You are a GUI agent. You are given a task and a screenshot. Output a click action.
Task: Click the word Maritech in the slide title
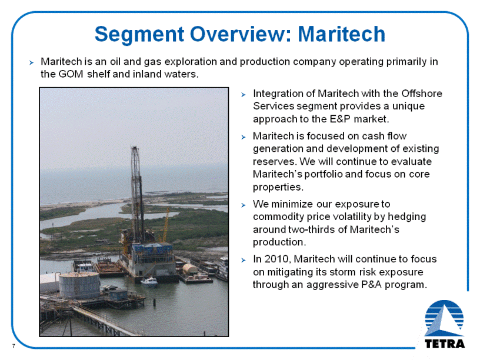(x=341, y=34)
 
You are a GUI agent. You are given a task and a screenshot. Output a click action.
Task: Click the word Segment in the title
(x=139, y=34)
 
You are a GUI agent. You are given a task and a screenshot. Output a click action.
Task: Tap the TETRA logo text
(x=445, y=344)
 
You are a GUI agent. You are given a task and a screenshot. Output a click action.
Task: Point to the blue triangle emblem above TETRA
(x=444, y=318)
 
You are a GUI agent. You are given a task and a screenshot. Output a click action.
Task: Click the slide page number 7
(x=14, y=346)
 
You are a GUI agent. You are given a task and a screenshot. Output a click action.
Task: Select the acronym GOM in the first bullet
(x=71, y=74)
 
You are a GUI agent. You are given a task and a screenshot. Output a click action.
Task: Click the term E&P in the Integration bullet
(x=340, y=119)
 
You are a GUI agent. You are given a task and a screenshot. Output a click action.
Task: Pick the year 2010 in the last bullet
(x=277, y=259)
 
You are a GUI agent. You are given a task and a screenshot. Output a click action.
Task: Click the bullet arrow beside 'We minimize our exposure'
(x=244, y=205)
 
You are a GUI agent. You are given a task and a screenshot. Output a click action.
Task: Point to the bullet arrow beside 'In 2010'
(x=244, y=260)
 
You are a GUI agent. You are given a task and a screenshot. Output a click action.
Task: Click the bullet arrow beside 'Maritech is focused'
(x=244, y=137)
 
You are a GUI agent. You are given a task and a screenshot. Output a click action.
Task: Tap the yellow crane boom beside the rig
(x=166, y=225)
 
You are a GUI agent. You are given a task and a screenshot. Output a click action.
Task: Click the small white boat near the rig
(x=149, y=281)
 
